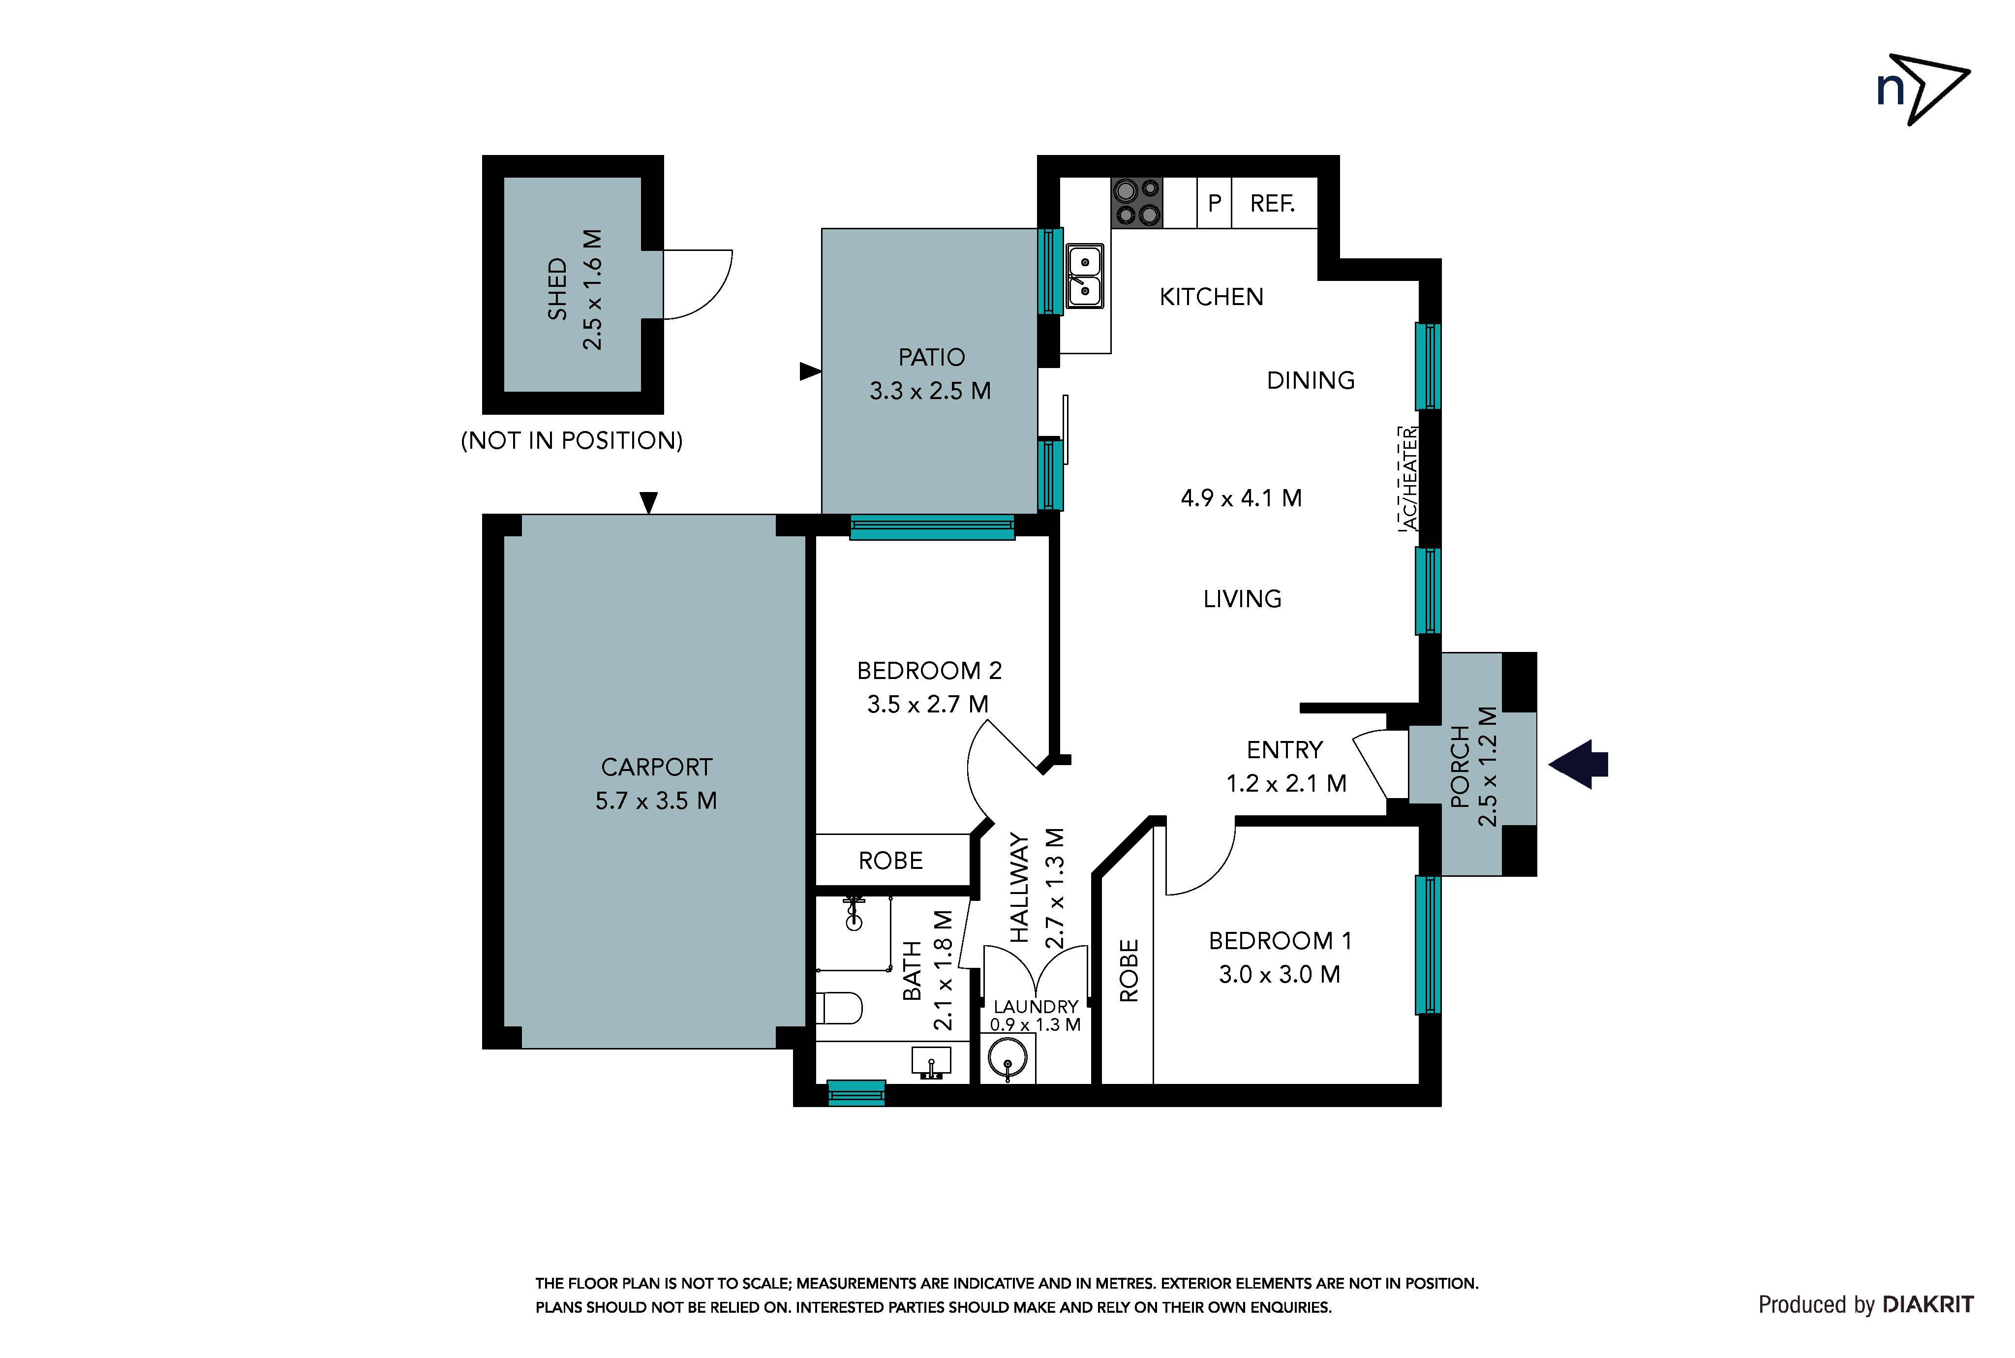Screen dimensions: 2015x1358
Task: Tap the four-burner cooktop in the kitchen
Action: [x=1137, y=203]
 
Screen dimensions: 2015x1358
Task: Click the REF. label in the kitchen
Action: [x=1272, y=204]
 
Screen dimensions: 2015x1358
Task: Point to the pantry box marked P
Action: [x=1214, y=203]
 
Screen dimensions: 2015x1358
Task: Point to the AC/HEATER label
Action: [x=1409, y=479]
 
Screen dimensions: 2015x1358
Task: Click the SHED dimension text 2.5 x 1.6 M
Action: [x=592, y=289]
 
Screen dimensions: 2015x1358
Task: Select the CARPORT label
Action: [x=656, y=768]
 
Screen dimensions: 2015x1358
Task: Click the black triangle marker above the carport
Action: [x=648, y=502]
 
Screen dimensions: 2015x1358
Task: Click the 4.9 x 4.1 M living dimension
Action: [x=1241, y=498]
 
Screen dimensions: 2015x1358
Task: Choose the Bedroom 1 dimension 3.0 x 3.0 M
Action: [x=1280, y=974]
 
